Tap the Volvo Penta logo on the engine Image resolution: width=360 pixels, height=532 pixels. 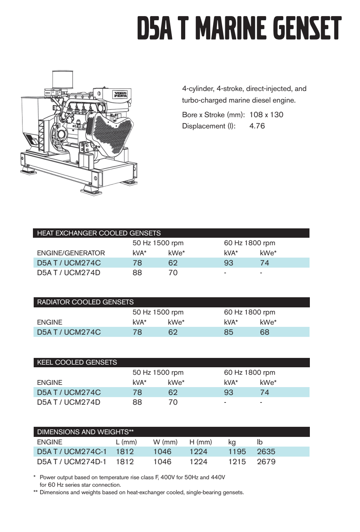click(120, 94)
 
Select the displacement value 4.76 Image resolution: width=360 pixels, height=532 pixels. click(257, 126)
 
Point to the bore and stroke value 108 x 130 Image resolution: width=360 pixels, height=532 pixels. click(266, 115)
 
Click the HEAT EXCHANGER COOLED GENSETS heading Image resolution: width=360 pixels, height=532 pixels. click(99, 233)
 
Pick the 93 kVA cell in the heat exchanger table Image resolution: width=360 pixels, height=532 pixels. click(228, 263)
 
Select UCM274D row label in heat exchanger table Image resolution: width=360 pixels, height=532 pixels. click(68, 273)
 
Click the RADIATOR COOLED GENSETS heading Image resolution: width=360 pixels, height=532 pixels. click(85, 302)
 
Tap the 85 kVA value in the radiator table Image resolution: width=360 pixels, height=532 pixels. click(228, 332)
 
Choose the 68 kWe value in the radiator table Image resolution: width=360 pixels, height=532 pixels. click(265, 332)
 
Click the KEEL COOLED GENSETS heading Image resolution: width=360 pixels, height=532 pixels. click(77, 362)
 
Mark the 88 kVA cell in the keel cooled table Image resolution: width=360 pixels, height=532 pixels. click(137, 402)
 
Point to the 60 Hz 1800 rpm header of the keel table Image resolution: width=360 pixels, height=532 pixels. click(249, 373)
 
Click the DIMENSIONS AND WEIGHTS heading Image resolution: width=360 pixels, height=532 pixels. click(85, 432)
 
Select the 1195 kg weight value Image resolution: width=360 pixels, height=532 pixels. click(237, 452)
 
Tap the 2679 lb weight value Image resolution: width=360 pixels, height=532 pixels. click(266, 462)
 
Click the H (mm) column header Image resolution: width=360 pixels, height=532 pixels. click(201, 442)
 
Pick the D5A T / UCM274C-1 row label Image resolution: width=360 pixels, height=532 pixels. click(72, 452)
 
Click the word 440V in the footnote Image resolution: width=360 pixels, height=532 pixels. click(218, 477)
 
